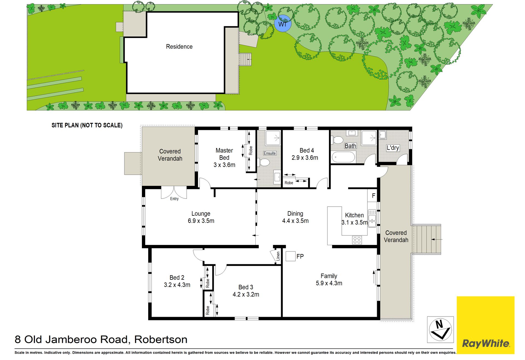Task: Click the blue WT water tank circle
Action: pos(283,24)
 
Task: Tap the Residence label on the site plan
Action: pos(179,46)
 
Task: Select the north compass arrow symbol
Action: pos(440,330)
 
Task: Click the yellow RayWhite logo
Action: pos(486,325)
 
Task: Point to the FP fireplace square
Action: pos(291,256)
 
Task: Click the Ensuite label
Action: pos(270,153)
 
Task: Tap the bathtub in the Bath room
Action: pos(343,157)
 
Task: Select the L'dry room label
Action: pos(393,148)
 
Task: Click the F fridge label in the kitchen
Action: pos(374,196)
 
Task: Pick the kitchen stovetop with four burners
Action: pos(357,240)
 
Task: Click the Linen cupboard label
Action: pos(278,256)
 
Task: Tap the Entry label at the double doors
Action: pos(174,199)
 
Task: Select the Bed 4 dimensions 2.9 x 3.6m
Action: pos(305,158)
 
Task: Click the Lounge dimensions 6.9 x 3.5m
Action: pos(201,221)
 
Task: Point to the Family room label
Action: pos(329,276)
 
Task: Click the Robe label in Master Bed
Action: pos(251,151)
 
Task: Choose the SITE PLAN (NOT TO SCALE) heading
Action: pos(87,125)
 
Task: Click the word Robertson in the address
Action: pos(161,339)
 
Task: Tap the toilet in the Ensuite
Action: pos(264,162)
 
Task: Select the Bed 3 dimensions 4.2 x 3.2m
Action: pos(246,294)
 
